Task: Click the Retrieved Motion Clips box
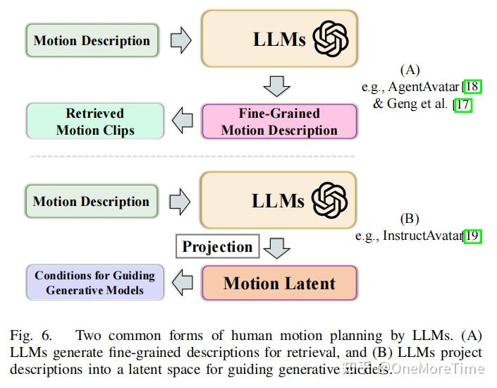coord(95,121)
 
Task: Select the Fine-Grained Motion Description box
coord(279,121)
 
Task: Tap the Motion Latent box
coord(279,283)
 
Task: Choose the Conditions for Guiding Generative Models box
coord(95,283)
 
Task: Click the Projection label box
coord(217,247)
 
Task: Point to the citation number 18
coord(473,87)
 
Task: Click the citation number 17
coord(463,104)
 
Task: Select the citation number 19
coord(473,236)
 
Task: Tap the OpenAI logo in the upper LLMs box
coord(331,39)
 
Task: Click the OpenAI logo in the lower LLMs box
coord(331,200)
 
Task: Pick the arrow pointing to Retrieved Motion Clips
coord(183,121)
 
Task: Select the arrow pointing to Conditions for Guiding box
coord(183,283)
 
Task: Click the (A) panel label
coord(410,70)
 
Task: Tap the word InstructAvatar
coord(422,236)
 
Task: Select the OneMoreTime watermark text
coord(437,368)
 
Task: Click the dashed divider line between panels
coord(190,156)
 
